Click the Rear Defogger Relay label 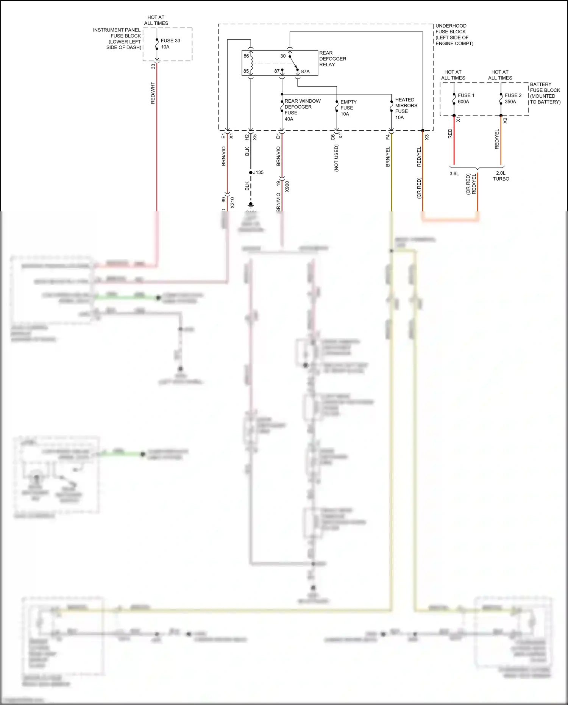(x=332, y=59)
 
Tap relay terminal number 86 (x=246, y=56)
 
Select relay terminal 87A (x=305, y=71)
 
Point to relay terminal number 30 (x=283, y=56)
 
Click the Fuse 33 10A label (x=170, y=44)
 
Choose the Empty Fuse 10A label (x=348, y=108)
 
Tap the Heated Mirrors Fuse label (x=406, y=108)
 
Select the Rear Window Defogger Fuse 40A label (x=302, y=110)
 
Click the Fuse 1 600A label (x=466, y=98)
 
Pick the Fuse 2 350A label (x=513, y=98)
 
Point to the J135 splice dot (x=251, y=172)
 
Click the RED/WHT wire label (x=153, y=93)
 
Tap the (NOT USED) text (x=336, y=158)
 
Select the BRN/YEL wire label (x=388, y=156)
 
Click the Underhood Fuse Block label (x=454, y=34)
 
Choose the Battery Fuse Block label (x=545, y=93)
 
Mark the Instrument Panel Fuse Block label (x=117, y=39)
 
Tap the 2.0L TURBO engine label (x=501, y=176)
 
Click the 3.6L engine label (x=454, y=174)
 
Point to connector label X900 (x=287, y=186)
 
